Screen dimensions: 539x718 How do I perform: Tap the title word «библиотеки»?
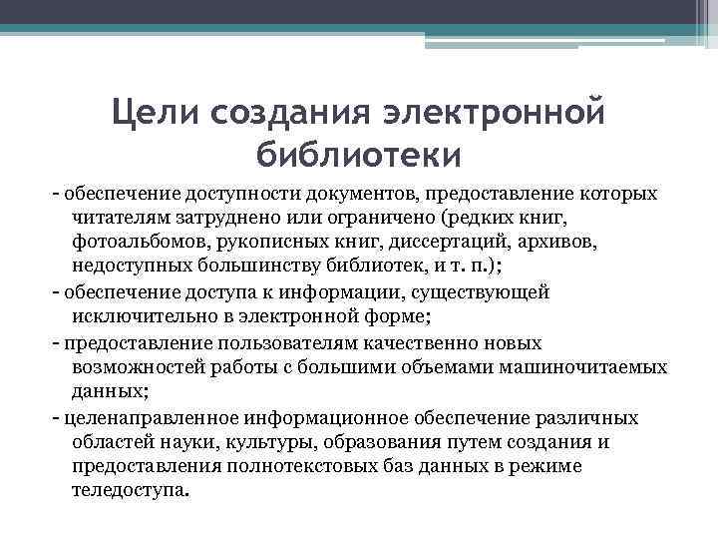358,154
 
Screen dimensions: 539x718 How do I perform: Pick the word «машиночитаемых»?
588,367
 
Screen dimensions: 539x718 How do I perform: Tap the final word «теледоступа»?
129,492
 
